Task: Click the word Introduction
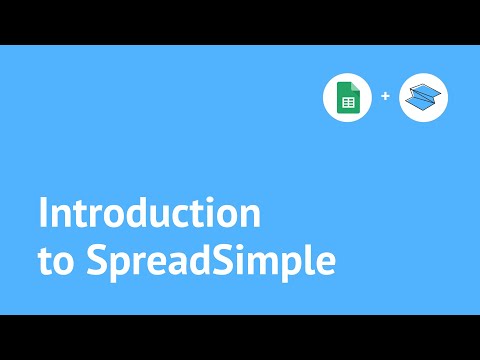[149, 215]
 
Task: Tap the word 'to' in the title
[53, 259]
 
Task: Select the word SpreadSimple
[210, 260]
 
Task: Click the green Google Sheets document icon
[347, 98]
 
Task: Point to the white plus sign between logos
[385, 98]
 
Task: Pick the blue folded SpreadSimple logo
[423, 98]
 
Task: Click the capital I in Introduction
[43, 215]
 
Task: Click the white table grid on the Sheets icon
[348, 102]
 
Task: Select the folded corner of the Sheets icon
[352, 88]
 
